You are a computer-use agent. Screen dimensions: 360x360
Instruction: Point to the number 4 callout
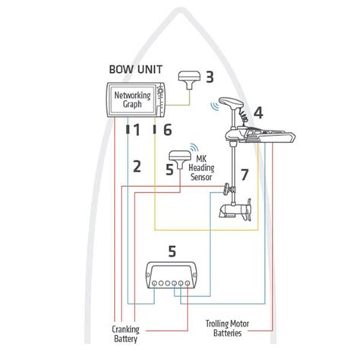point(258,112)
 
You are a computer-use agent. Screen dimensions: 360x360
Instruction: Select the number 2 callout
point(137,166)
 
